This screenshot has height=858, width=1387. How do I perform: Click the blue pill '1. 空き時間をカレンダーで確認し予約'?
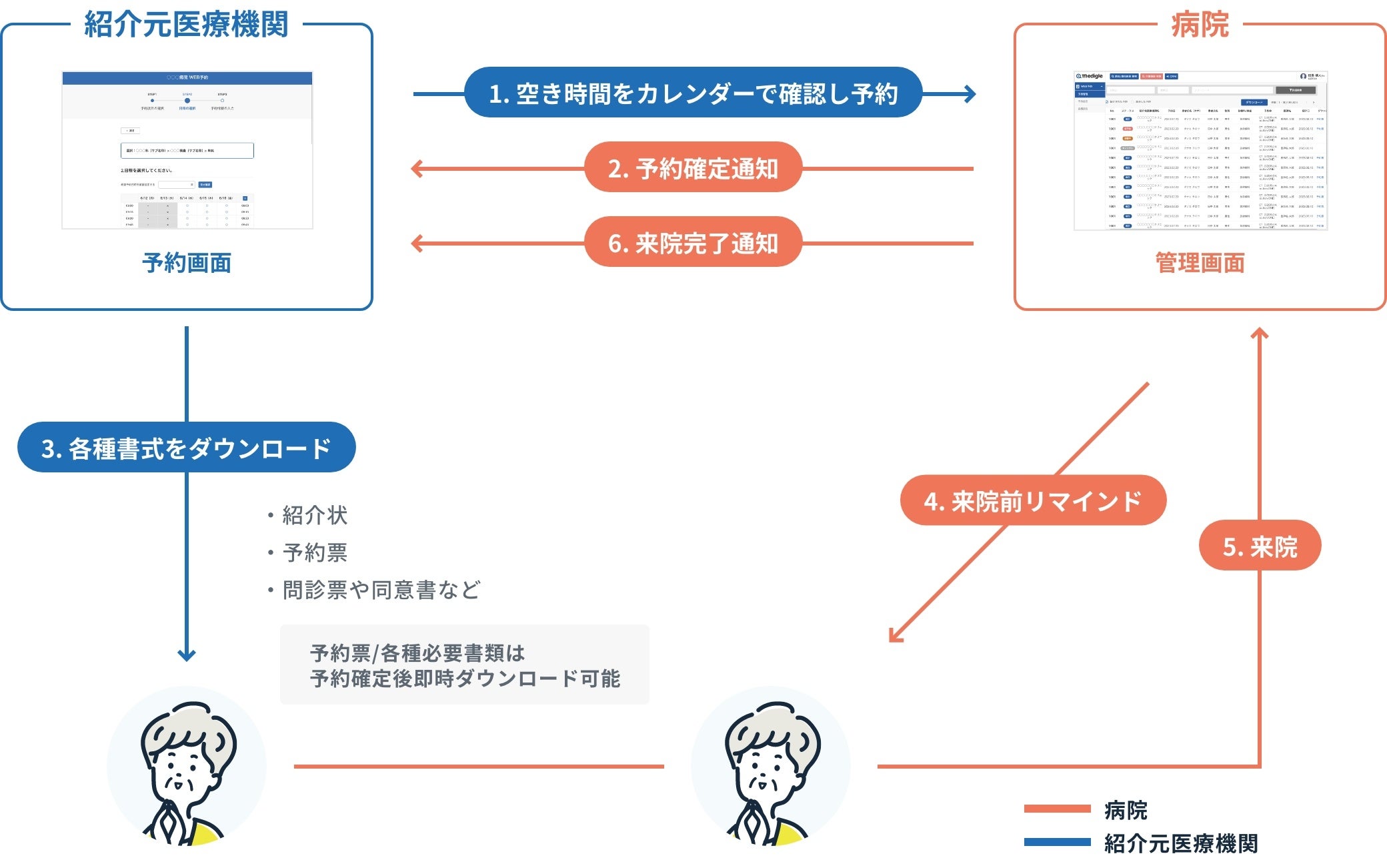pos(693,93)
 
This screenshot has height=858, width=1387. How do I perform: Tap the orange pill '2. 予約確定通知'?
pos(693,168)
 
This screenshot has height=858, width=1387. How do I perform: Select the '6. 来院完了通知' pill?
pos(693,243)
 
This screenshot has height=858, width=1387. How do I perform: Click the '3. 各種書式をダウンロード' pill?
pos(186,448)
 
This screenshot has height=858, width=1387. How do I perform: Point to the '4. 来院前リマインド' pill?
pos(1032,500)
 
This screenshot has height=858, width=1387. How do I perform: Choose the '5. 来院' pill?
pos(1260,546)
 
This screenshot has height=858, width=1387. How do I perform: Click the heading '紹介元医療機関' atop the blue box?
pos(186,25)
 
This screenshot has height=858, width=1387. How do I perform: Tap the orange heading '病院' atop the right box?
pos(1200,25)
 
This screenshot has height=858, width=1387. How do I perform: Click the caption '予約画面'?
pos(187,263)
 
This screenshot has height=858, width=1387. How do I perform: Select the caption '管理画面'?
pos(1200,263)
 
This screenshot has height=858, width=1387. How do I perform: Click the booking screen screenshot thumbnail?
pos(187,150)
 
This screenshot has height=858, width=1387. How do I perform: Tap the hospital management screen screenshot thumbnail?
pos(1200,151)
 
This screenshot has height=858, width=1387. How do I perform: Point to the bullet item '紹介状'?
pos(314,515)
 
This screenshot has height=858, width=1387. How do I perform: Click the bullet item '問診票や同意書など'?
pos(381,590)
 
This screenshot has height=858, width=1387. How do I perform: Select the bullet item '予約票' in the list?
pos(314,552)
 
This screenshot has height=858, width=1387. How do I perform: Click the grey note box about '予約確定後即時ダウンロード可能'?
pos(464,665)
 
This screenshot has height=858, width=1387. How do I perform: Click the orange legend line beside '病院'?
pos(1057,809)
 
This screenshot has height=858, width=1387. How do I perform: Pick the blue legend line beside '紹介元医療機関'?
pos(1057,842)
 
